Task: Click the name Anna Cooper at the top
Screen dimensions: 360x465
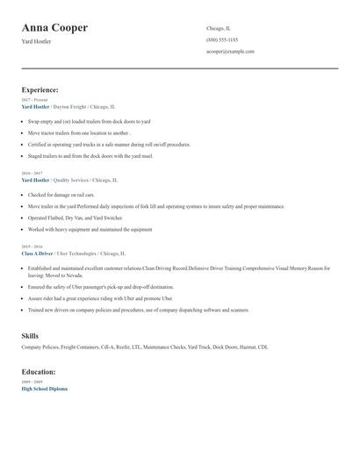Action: pos(54,28)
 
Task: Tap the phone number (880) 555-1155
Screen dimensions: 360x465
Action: pos(221,40)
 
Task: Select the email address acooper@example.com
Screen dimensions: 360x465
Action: pos(230,52)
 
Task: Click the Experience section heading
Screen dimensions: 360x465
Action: pos(40,89)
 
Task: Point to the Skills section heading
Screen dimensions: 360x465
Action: pos(30,336)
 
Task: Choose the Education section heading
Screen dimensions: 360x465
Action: pos(39,372)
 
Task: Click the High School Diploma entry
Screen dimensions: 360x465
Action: pos(44,389)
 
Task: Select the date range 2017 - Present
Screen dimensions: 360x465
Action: pos(33,100)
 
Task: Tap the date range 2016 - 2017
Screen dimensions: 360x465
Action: pos(32,174)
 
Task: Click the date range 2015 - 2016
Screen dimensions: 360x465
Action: pos(32,247)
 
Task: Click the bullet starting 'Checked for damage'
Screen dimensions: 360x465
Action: pos(61,195)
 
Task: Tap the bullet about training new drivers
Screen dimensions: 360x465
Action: pos(138,310)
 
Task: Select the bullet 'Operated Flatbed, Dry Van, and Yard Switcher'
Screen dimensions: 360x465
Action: pos(76,218)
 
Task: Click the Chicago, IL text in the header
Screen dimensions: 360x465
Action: pos(219,28)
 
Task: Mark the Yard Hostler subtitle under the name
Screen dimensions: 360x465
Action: pos(36,41)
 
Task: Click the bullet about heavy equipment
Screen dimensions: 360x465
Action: pos(90,229)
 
